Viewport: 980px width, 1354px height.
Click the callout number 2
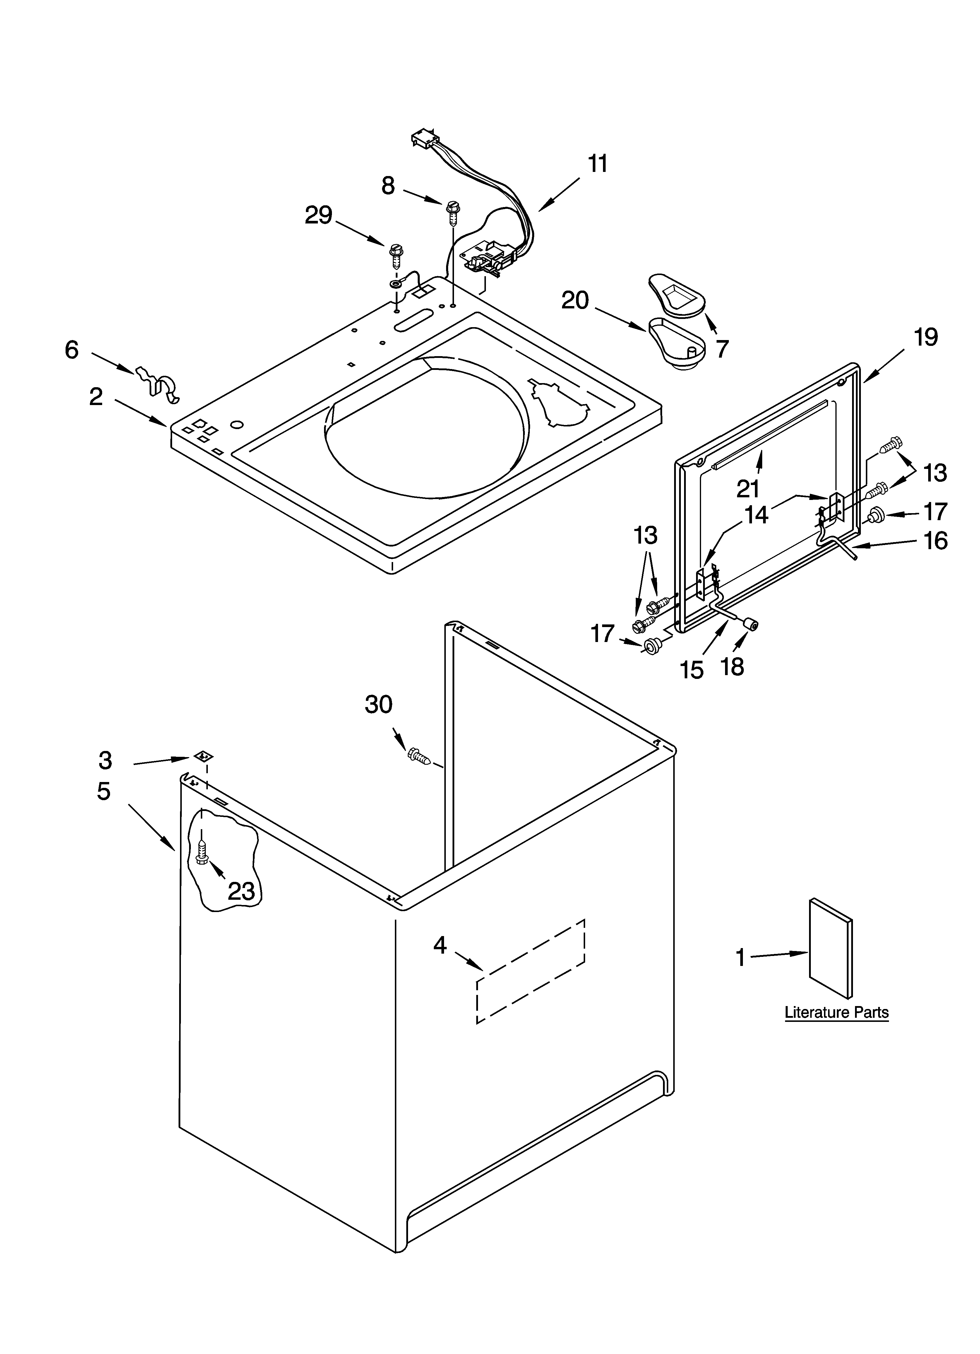(x=96, y=397)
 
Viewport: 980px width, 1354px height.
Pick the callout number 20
(x=575, y=300)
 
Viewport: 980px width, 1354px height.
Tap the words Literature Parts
(x=836, y=1012)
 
